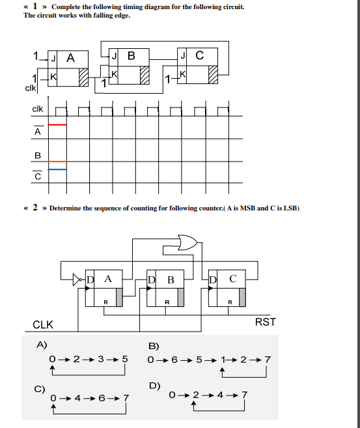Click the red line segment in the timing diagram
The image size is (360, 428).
(57, 124)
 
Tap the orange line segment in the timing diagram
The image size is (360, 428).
(57, 162)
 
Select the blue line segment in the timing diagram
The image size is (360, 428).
(57, 169)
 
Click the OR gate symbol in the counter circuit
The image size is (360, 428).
(187, 243)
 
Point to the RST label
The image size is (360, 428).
(265, 321)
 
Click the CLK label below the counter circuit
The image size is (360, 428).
(43, 324)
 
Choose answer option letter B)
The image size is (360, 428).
(154, 345)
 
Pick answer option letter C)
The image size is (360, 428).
(40, 389)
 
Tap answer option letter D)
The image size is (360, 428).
(154, 386)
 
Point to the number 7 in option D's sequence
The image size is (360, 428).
(244, 395)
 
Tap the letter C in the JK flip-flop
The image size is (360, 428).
(199, 55)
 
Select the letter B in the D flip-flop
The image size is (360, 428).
(170, 280)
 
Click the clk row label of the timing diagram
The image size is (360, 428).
(38, 109)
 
